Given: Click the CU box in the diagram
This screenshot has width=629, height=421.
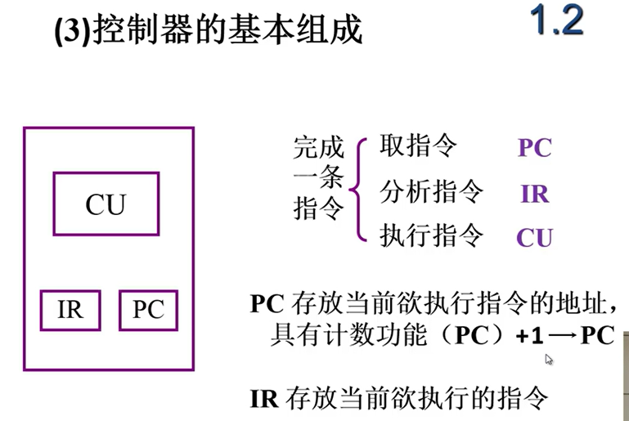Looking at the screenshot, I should pos(106,204).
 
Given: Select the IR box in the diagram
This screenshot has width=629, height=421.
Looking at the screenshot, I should pos(70,310).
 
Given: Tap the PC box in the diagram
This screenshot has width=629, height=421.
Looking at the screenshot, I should pos(148,310).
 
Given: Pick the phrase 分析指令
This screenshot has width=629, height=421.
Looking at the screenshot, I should pos(431,192).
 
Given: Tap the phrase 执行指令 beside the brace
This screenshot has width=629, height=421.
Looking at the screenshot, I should pos(431,236).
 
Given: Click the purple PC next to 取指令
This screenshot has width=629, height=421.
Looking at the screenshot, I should pos(534,149).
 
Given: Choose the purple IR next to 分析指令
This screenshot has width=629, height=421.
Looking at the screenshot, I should pos(534,194).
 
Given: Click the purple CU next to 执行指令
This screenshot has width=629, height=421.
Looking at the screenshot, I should pos(534,238).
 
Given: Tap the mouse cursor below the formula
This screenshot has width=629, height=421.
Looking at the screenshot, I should pos(549,359).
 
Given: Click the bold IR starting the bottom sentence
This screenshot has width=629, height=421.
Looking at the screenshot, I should pos(263,399).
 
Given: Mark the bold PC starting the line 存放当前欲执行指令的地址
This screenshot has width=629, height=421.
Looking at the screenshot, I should pos(266,304).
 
